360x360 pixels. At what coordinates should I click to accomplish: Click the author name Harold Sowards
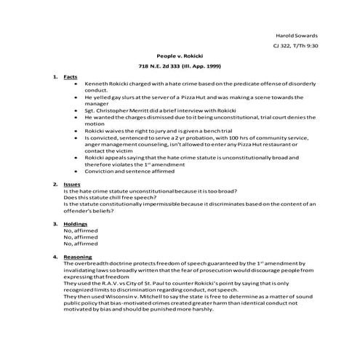[x=297, y=36]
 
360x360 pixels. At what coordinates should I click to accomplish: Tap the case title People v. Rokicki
[x=179, y=55]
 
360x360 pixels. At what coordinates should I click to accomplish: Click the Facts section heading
[x=71, y=76]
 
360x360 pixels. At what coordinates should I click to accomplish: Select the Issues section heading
[x=72, y=185]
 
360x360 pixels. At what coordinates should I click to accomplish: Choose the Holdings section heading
[x=75, y=224]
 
